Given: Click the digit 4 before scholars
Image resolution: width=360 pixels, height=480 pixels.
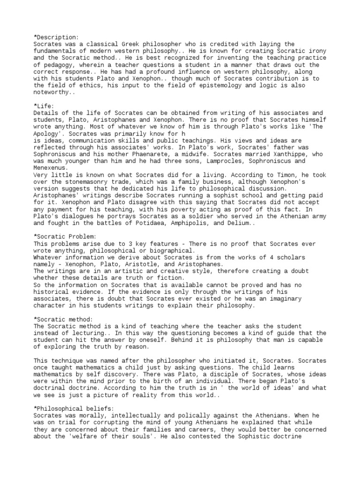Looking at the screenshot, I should pyautogui.click(x=265, y=257).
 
